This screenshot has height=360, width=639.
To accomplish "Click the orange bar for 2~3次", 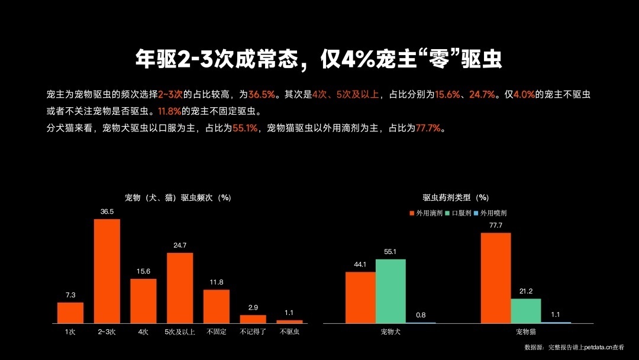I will (107, 271).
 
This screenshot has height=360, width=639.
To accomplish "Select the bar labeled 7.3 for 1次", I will (70, 312).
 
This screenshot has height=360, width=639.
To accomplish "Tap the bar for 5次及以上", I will (180, 287).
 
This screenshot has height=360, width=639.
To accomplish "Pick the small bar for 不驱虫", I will (289, 322).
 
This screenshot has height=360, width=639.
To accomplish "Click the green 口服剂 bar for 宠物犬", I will (390, 291).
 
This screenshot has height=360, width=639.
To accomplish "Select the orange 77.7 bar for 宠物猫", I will (495, 278).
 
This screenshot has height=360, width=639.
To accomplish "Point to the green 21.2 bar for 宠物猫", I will (525, 310).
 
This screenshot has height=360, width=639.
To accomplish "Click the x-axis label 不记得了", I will (253, 332).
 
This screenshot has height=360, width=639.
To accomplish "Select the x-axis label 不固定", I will (216, 332).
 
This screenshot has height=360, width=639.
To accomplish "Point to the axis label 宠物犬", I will (390, 332).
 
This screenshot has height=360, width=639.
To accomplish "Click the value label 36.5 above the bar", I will (107, 211).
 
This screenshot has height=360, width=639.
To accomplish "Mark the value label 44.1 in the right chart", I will (360, 264).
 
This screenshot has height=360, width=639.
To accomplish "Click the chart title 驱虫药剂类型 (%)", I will (456, 198).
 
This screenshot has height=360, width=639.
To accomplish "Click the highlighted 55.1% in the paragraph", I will (245, 128).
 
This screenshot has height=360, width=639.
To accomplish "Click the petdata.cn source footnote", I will (574, 348).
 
